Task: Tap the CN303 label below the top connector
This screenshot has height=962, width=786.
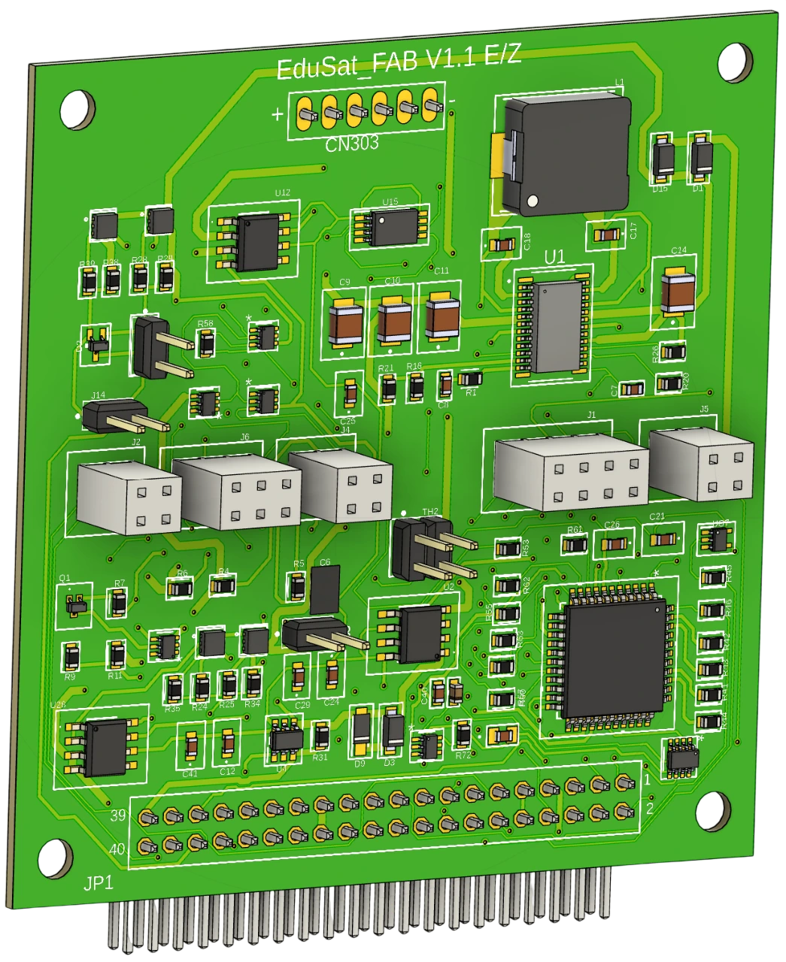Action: (351, 144)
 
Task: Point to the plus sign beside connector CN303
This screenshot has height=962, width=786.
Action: (278, 114)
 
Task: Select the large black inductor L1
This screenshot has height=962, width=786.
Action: (566, 154)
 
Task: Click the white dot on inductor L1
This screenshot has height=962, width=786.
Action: (533, 201)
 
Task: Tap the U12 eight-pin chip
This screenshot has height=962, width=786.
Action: (257, 240)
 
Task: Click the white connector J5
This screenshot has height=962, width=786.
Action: (701, 463)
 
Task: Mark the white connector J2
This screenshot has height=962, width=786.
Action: (129, 497)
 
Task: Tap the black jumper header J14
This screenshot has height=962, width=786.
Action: (113, 416)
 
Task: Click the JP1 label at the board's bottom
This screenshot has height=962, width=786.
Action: (98, 883)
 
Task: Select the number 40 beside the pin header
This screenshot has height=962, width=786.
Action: (118, 849)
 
